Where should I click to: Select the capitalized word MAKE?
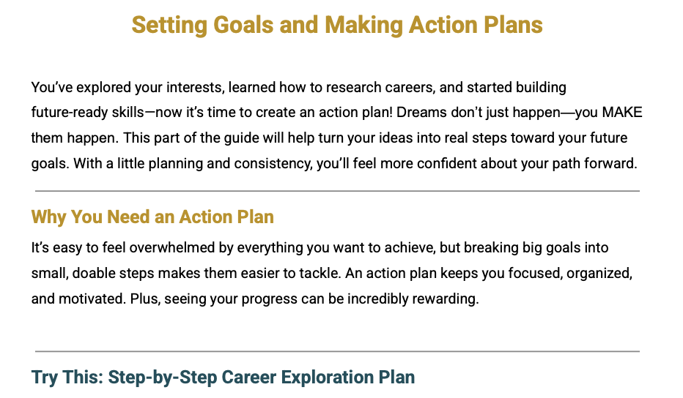[622, 112]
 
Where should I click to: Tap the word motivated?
[92, 298]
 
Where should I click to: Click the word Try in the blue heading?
[45, 378]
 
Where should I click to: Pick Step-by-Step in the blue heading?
[163, 378]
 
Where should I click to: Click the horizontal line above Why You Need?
[337, 191]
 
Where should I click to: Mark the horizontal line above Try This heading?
[337, 351]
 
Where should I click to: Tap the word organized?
[599, 274]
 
